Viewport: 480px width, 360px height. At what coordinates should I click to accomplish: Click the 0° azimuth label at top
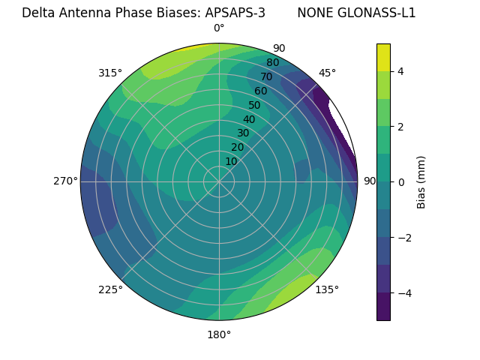coord(219,28)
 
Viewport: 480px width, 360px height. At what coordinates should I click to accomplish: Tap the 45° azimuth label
coord(327,73)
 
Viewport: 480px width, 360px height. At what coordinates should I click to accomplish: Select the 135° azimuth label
coord(327,289)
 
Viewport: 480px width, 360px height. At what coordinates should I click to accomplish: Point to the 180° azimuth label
coord(219,334)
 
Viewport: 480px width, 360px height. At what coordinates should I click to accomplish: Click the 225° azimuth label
coord(110,289)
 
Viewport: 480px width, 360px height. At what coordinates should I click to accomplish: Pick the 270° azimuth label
coord(65,181)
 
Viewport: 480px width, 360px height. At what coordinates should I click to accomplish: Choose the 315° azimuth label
coord(110,73)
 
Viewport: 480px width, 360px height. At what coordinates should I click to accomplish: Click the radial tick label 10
coord(231,161)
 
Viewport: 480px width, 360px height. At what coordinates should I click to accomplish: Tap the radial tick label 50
coord(254,106)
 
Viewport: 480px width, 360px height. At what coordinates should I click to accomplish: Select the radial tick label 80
coord(272,62)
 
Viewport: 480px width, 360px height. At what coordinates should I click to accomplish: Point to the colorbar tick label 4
coord(401,71)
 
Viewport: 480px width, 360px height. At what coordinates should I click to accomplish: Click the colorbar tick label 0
coord(401,181)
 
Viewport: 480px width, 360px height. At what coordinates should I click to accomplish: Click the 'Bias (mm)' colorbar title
coord(421,182)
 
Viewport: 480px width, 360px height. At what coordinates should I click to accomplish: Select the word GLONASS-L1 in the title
coord(378,13)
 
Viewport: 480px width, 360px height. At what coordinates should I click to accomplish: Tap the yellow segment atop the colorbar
coord(383,57)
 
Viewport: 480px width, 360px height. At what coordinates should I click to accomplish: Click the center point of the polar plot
coord(219,181)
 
